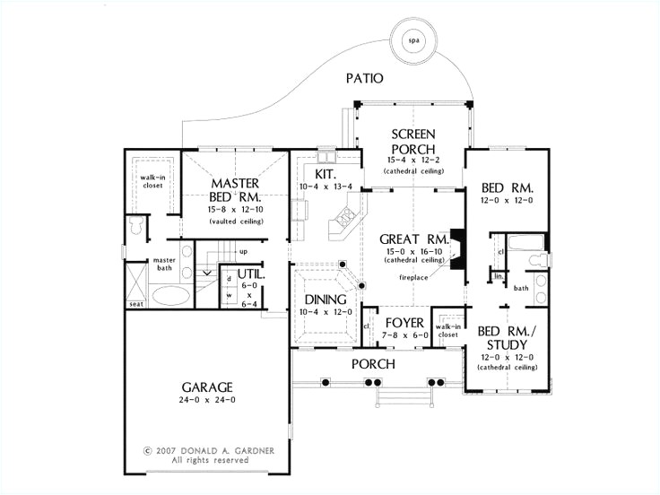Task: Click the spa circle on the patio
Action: [413, 39]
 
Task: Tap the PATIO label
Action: [365, 79]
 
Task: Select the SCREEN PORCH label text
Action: [412, 142]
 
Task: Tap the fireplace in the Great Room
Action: [457, 248]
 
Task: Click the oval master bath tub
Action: [169, 294]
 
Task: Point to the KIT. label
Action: [324, 173]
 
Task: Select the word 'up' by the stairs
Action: [242, 252]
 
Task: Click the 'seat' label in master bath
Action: [136, 304]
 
